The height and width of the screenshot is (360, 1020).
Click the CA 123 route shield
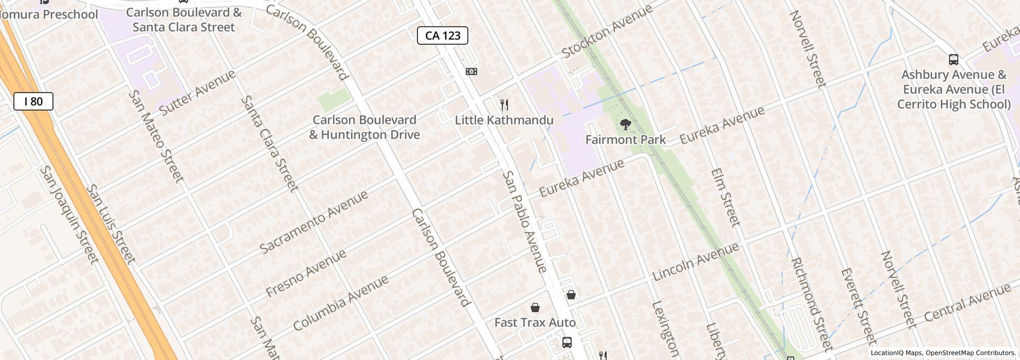tap(442, 35)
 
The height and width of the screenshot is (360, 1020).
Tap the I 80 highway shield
tap(33, 101)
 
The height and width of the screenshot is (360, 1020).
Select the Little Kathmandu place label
tap(504, 120)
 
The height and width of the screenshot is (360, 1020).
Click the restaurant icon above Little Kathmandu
tap(504, 105)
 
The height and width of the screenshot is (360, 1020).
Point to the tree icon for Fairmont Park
tap(626, 124)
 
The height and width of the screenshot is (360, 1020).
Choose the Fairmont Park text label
tap(625, 139)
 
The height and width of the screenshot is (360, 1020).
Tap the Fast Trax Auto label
tap(535, 322)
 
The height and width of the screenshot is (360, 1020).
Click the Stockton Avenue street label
tap(607, 31)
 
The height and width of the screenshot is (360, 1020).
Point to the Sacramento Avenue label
tap(314, 222)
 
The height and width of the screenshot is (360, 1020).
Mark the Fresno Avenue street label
tap(306, 274)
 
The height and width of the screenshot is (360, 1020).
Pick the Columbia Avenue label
tap(340, 303)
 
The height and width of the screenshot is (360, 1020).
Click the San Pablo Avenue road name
tap(524, 222)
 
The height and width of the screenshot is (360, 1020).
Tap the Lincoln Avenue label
tap(696, 261)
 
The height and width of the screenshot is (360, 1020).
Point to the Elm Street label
tap(725, 197)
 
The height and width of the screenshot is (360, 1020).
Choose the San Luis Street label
tap(111, 224)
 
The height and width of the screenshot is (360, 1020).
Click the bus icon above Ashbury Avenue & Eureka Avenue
tap(953, 60)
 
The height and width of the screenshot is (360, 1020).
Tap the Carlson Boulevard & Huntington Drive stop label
tap(364, 127)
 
